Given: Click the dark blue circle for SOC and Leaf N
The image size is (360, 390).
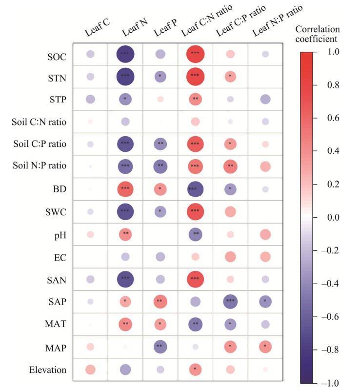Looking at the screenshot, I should [125, 54].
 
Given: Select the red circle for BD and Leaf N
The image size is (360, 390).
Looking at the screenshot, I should [125, 188].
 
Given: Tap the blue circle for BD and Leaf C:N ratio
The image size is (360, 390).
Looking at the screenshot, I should [196, 188].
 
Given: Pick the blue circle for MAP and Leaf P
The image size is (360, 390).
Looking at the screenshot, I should [160, 347].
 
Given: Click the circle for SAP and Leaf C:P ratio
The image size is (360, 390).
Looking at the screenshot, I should [231, 302].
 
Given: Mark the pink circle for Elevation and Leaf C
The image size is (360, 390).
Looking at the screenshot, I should [90, 369].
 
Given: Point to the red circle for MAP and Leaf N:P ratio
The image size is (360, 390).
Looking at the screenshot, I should [265, 347].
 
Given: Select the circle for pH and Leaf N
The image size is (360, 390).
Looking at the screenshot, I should [125, 234].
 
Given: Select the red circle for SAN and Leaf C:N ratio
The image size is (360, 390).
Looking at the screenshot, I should [196, 279].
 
